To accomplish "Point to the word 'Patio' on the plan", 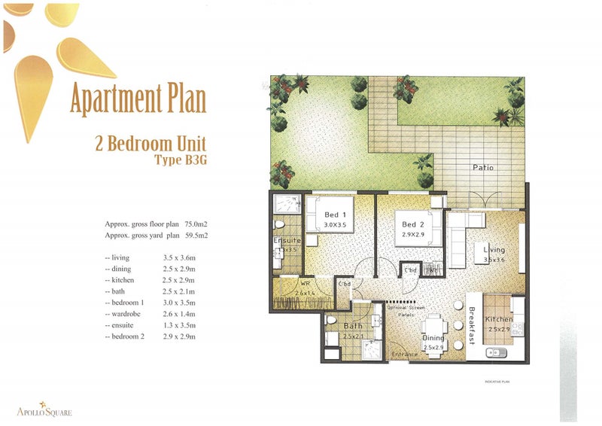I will tap(483, 167).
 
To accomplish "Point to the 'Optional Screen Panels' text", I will tap(406, 311).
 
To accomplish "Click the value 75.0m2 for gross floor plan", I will tap(194, 224).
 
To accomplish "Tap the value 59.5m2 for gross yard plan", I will tap(194, 236).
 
